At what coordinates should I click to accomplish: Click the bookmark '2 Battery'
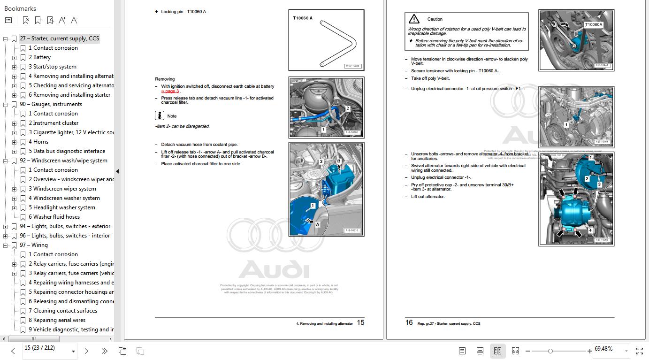click(42, 57)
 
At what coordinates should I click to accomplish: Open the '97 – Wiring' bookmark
click(33, 245)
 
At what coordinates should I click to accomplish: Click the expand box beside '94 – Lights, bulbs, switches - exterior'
click(6, 227)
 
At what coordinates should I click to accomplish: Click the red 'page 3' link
click(171, 91)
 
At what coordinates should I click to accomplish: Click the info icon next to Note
click(160, 115)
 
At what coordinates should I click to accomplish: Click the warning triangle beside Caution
click(414, 19)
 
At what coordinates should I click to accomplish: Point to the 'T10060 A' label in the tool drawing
click(303, 18)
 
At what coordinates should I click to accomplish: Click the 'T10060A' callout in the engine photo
click(594, 24)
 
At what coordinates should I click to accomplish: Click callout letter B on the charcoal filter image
click(339, 161)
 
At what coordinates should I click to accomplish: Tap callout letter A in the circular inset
click(317, 224)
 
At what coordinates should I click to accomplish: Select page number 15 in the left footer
click(360, 322)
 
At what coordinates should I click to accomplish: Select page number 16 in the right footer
click(409, 322)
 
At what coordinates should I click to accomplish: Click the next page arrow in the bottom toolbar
click(86, 351)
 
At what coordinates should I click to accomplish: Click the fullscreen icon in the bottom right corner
click(639, 351)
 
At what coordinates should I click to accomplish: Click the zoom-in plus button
click(589, 351)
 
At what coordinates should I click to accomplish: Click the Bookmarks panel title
click(20, 8)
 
